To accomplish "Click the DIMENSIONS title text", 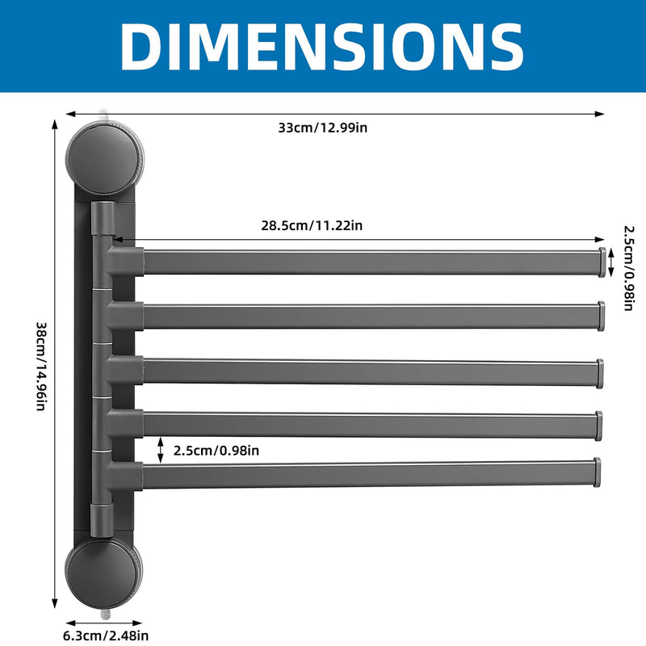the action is pyautogui.click(x=321, y=46).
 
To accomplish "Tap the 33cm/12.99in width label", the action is pyautogui.click(x=322, y=128).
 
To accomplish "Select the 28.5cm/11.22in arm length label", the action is pyautogui.click(x=312, y=225).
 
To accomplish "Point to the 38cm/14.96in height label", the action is pyautogui.click(x=42, y=367).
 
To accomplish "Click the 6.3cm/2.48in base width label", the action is pyautogui.click(x=106, y=636).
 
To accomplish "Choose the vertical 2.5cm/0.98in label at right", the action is pyautogui.click(x=629, y=268).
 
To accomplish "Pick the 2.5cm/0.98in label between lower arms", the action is pyautogui.click(x=216, y=451).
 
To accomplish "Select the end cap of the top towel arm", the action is pyautogui.click(x=602, y=262).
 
